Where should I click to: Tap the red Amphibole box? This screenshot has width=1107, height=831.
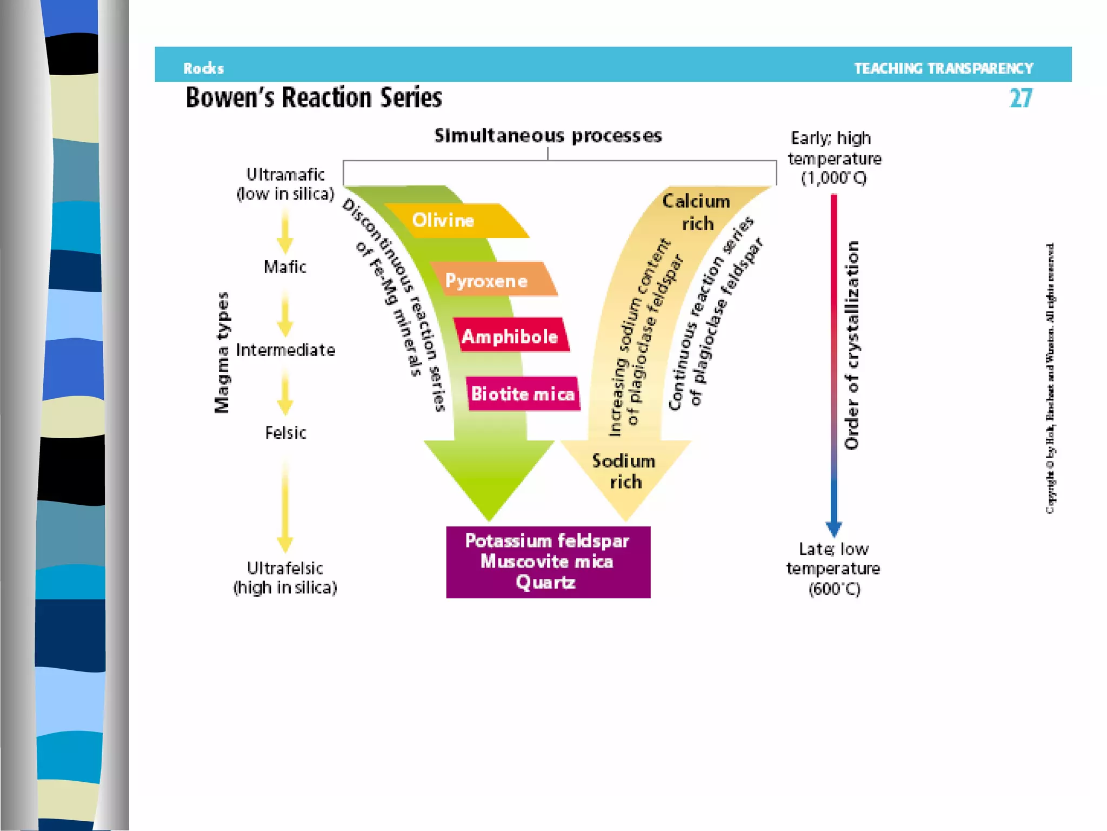(510, 336)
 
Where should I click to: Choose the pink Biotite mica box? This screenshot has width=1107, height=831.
(523, 393)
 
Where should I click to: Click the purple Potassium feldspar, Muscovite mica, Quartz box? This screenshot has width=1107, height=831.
(548, 562)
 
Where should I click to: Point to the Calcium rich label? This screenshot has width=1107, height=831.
(697, 212)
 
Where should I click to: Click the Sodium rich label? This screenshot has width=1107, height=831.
(625, 471)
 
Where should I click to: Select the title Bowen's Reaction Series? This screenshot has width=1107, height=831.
(314, 98)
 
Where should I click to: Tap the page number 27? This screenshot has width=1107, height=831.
(1021, 98)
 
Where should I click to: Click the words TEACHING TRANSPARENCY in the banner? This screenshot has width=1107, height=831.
(943, 68)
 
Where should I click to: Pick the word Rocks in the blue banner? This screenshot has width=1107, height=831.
(203, 68)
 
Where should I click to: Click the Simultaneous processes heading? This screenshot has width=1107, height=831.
(548, 136)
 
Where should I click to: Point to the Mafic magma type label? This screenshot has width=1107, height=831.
(285, 267)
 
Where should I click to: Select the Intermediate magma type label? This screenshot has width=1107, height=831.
(285, 350)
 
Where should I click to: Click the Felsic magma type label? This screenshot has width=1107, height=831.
(285, 433)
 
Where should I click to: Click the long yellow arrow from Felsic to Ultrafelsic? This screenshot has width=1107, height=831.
(285, 506)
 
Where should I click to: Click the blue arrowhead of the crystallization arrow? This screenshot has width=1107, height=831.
(833, 527)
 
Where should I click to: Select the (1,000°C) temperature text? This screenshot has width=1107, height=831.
(834, 178)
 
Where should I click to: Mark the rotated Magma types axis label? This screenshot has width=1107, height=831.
(222, 353)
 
